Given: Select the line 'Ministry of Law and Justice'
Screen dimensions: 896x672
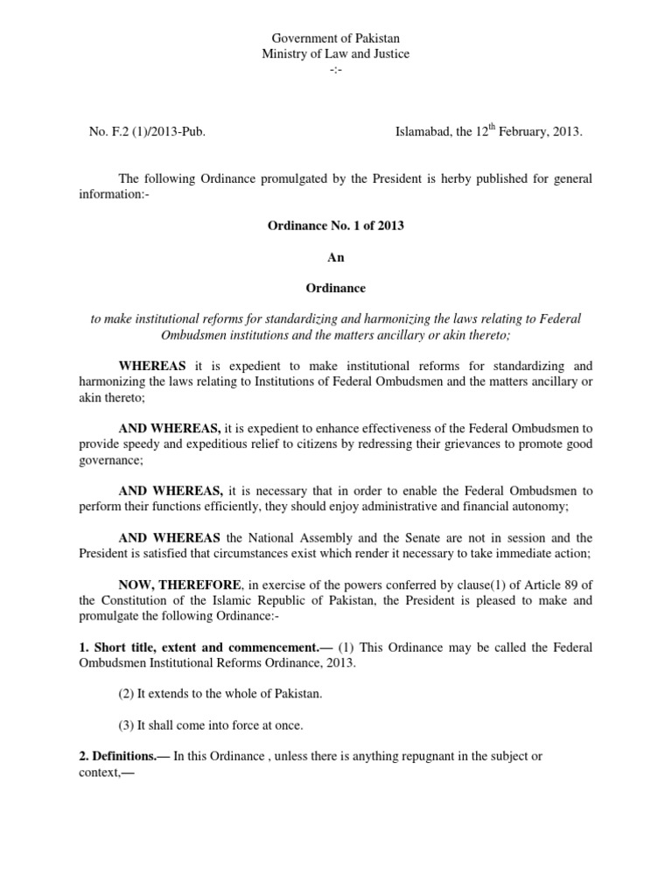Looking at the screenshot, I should point(336,54).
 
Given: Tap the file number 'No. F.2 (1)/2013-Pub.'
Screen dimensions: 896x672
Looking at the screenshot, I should point(147,131).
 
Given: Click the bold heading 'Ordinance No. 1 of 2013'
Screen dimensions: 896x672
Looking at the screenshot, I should point(336,225).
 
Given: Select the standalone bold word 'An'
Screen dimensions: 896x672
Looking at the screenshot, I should point(336,256).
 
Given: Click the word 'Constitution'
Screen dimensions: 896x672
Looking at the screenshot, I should point(142,600).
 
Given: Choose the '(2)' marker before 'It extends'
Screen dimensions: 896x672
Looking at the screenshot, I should point(128,694).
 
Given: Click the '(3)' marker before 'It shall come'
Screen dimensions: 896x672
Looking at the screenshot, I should point(128,725).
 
